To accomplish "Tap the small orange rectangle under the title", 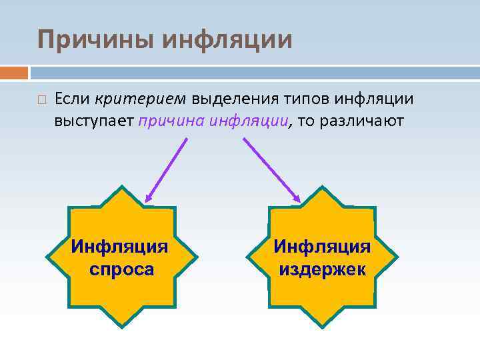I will click(x=14, y=72).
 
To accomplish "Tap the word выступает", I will click(x=95, y=121).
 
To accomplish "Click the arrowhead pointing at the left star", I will click(x=149, y=197).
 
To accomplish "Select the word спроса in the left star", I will click(x=121, y=270).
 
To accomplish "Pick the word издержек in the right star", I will click(x=323, y=270).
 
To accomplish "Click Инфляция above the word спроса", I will click(x=120, y=247).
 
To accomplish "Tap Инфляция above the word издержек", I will click(x=323, y=247).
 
